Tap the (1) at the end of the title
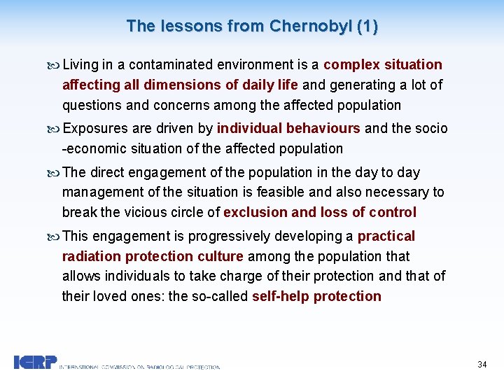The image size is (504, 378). (x=367, y=27)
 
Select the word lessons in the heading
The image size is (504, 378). (x=185, y=27)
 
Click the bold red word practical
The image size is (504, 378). (x=386, y=237)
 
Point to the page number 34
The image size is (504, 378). (x=482, y=365)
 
